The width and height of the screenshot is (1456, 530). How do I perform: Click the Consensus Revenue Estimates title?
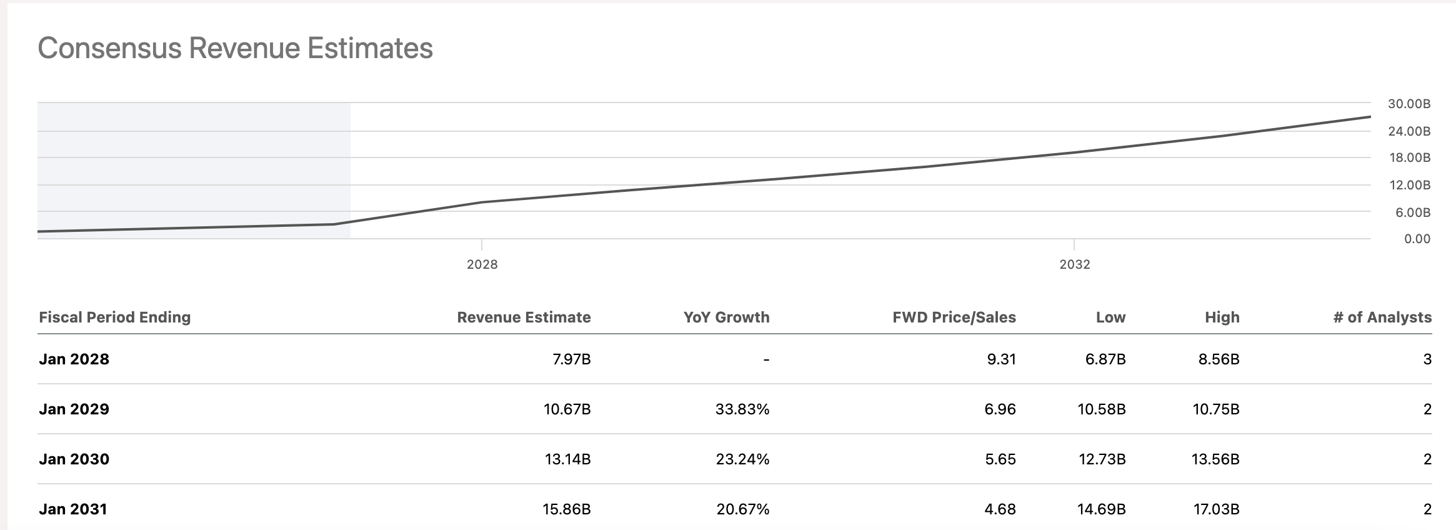235,48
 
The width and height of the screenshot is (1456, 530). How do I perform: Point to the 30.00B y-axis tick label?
1409,104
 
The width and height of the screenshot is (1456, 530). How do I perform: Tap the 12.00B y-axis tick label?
1410,185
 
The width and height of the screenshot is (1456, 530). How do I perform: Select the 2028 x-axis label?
482,264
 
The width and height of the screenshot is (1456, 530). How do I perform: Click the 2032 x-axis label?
1074,264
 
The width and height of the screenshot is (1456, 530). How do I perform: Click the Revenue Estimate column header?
524,317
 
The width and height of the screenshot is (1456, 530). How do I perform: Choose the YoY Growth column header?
726,317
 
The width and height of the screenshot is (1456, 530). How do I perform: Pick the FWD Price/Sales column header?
954,317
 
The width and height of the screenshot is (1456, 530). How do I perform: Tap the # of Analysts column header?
1382,317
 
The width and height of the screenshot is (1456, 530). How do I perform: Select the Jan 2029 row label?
74,409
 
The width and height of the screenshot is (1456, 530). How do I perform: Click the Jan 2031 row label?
72,509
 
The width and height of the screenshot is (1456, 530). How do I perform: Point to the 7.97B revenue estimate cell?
571,359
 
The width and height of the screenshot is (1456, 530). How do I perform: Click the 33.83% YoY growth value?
742,409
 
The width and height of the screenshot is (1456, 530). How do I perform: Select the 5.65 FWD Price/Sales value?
1000,459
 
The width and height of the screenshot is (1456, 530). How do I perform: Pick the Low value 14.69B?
1101,509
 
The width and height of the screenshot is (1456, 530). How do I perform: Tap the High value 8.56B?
1219,359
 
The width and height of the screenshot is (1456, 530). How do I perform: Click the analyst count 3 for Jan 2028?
1427,359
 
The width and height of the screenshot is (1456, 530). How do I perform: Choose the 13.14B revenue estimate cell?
567,459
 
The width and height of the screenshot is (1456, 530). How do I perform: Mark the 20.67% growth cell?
742,509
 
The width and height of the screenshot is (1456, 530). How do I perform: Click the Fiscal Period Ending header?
114,317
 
